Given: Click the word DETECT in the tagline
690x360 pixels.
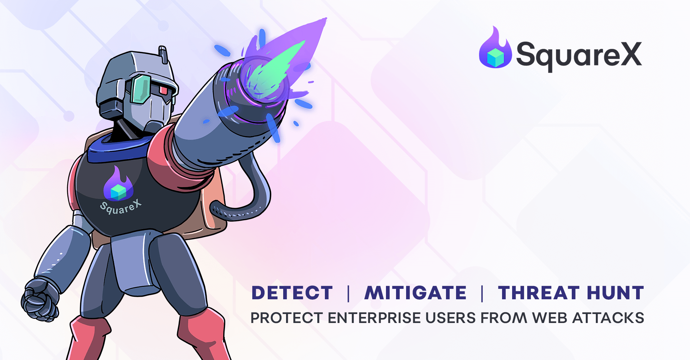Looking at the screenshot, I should tap(292, 293).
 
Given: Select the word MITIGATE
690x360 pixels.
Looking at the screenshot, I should tap(415, 293).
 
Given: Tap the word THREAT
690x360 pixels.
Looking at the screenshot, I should tap(538, 293).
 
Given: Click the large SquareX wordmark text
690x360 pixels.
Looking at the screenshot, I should tap(579, 55).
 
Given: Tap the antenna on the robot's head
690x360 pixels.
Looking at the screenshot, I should tap(163, 54).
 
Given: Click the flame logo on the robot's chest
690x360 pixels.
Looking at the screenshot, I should tap(118, 185).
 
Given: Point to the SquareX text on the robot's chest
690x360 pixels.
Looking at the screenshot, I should tap(120, 207).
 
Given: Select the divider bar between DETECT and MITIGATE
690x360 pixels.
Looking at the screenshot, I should tap(348, 293).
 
